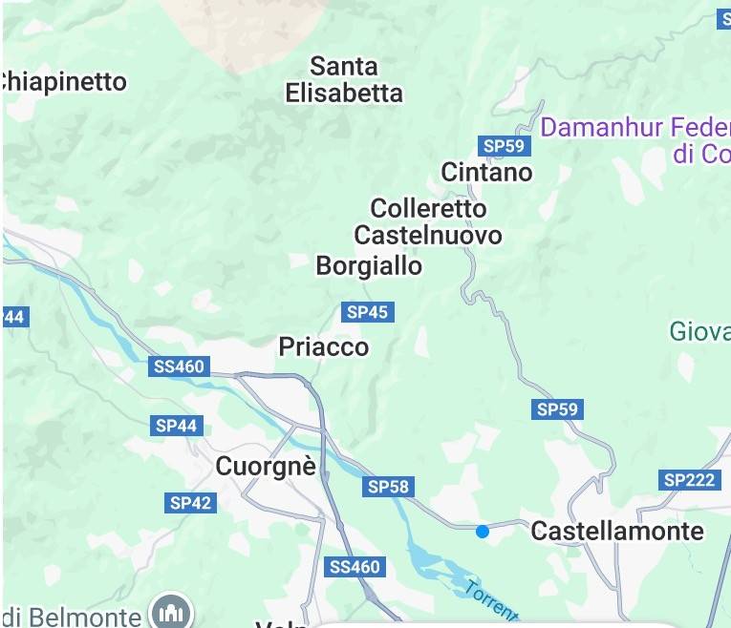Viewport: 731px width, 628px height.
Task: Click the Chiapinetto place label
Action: (63, 82)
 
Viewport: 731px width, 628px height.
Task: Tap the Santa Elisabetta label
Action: (344, 80)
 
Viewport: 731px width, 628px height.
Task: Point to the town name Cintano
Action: (486, 172)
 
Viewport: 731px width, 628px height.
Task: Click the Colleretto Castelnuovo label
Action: (428, 221)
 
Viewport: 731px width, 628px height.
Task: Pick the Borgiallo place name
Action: (369, 266)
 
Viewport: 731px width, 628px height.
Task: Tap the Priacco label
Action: (323, 347)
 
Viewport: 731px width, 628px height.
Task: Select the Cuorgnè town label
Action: (266, 467)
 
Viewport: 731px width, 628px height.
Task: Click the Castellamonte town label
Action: (617, 531)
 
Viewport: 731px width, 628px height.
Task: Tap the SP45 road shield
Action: (368, 312)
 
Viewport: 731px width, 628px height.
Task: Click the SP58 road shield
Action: (388, 488)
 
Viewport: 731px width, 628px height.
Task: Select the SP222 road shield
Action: (689, 480)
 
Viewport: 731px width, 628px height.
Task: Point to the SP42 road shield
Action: (190, 503)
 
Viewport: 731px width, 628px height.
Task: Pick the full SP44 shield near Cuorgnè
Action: (176, 426)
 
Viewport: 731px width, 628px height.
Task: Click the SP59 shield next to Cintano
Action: (504, 146)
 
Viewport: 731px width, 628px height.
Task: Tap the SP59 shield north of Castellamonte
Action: (557, 409)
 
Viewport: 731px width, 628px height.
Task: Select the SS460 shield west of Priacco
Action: (179, 366)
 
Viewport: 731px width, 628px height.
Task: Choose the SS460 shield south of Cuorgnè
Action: (355, 567)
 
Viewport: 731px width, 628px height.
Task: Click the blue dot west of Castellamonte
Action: (483, 531)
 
